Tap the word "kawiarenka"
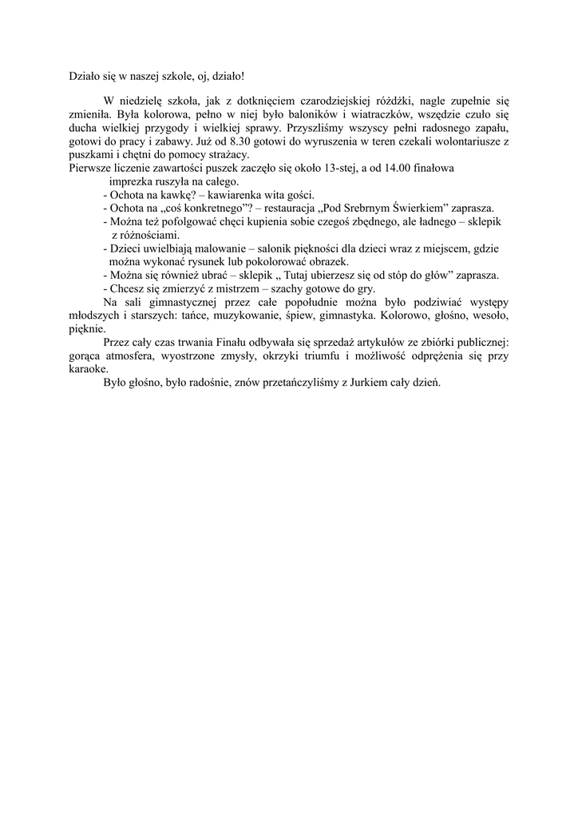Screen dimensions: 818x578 point(237,195)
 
